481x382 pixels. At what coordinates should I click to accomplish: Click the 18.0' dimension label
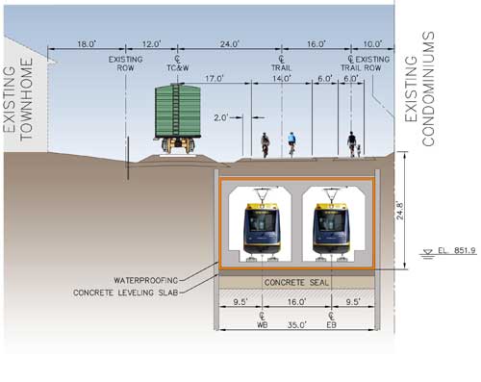[x=87, y=44]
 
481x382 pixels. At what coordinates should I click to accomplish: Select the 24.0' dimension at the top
[x=229, y=44]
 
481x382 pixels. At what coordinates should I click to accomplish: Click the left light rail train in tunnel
[x=262, y=229]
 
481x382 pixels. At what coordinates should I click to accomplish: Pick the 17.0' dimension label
[x=214, y=79]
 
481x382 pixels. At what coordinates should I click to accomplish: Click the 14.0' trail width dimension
[x=281, y=79]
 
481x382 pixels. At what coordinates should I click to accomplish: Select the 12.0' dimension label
[x=151, y=44]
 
